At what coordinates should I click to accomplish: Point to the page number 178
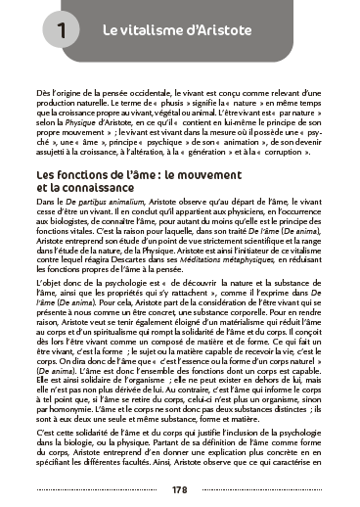click(179, 489)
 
